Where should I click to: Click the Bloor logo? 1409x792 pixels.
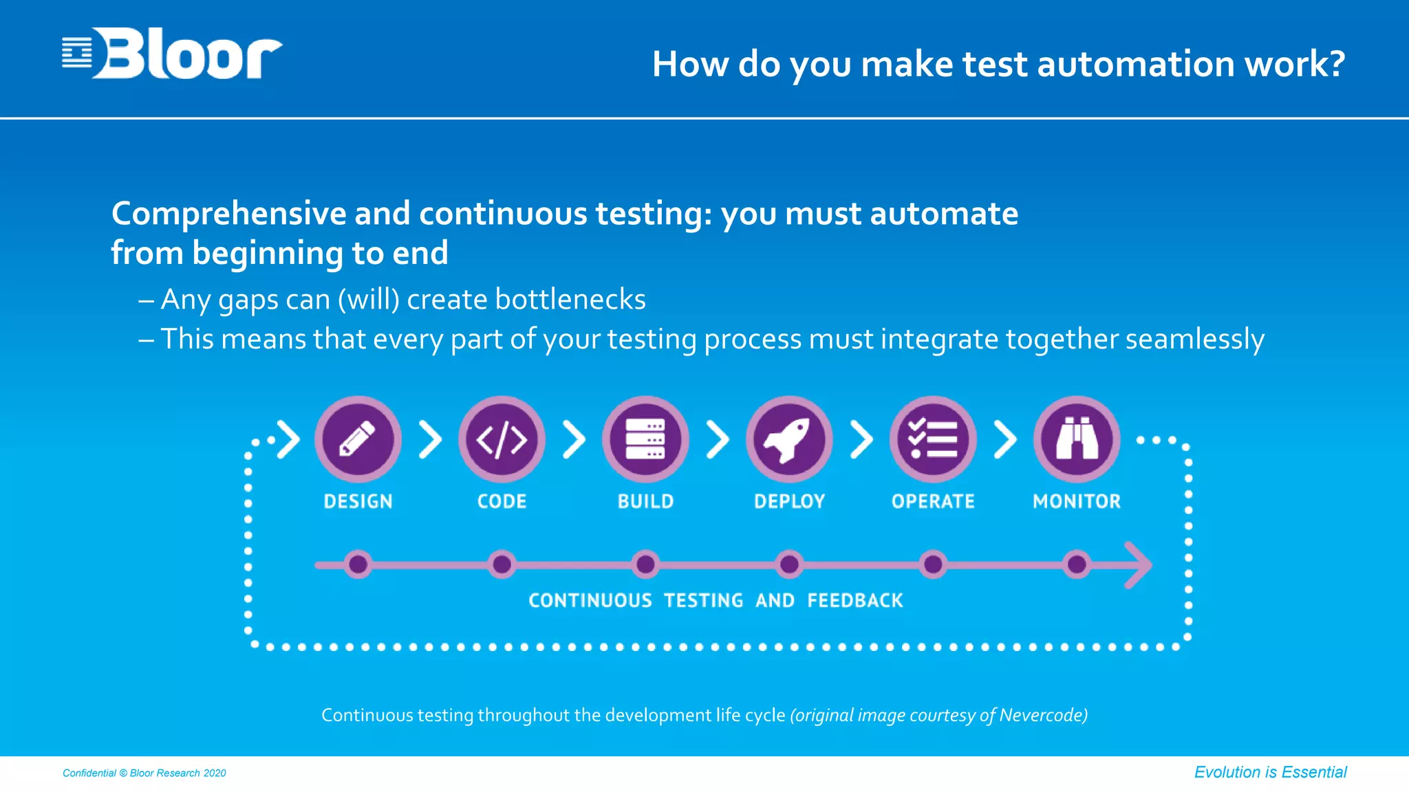click(172, 54)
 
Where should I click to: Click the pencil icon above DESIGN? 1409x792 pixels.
click(358, 439)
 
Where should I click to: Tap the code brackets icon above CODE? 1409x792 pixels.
click(502, 439)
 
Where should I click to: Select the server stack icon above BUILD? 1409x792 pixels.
click(645, 439)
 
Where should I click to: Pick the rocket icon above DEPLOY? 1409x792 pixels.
click(789, 439)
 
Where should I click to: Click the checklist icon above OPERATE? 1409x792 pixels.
click(933, 439)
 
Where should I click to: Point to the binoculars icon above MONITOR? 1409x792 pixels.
click(1077, 439)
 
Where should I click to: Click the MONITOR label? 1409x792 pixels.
click(1077, 501)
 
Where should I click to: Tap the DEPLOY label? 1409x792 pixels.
click(789, 501)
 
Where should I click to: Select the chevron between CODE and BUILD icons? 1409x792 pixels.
click(574, 439)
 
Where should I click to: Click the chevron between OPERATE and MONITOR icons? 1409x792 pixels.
click(1005, 439)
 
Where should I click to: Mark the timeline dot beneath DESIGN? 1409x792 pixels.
click(358, 564)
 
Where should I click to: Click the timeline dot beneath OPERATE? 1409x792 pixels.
click(933, 564)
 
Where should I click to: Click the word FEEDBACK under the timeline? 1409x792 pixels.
click(854, 600)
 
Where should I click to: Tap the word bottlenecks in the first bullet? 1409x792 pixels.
click(570, 300)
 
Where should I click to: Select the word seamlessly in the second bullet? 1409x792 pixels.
click(1194, 340)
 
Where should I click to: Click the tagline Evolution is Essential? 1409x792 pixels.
click(1270, 772)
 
